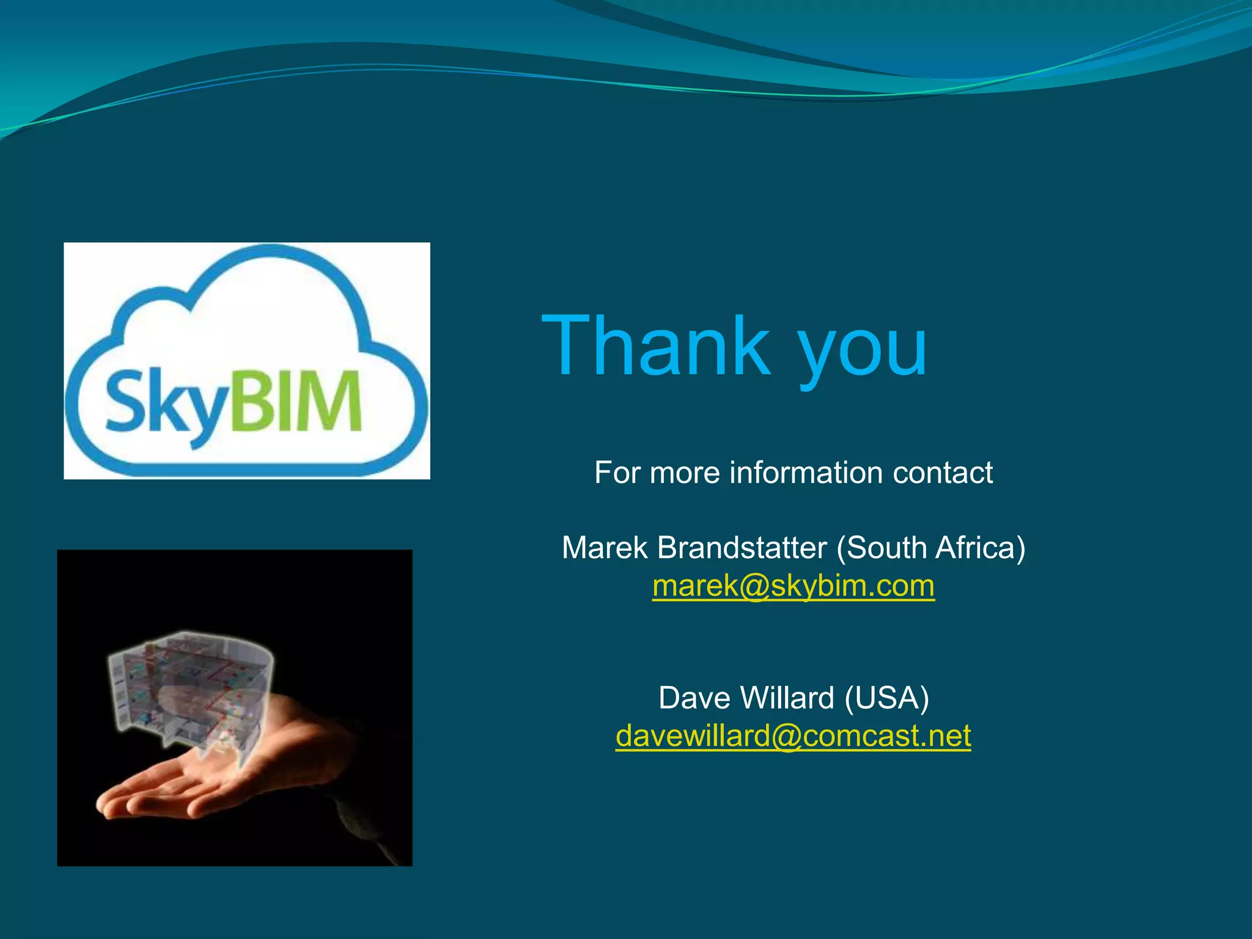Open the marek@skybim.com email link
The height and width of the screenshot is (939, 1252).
point(793,586)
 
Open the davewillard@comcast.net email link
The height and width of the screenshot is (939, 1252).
point(793,735)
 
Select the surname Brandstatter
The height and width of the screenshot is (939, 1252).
point(742,547)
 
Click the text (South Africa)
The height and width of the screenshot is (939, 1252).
point(930,547)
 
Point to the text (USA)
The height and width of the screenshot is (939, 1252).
point(886,698)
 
